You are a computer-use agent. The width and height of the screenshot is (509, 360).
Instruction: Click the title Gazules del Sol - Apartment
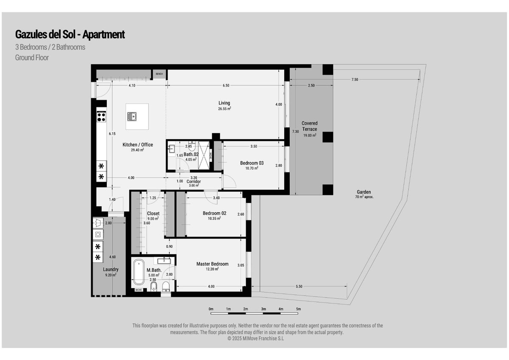tap(70, 34)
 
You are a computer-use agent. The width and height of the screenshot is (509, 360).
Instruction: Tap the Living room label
tap(224, 103)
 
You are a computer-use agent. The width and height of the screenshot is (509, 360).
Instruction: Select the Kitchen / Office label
tap(138, 145)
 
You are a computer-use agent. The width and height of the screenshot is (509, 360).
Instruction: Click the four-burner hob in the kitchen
tap(101, 117)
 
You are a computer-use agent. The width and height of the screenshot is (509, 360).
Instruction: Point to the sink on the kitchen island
tap(132, 116)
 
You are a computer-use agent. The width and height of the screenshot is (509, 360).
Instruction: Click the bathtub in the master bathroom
tap(139, 272)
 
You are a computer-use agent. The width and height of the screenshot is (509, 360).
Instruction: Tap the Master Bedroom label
tap(213, 264)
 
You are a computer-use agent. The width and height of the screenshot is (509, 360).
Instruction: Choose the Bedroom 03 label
tap(252, 163)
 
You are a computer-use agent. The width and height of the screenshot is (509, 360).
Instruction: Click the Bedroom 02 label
tap(215, 213)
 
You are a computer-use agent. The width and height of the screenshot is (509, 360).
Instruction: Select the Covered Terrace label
tap(310, 126)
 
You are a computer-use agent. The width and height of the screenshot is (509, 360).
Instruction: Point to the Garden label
tap(364, 192)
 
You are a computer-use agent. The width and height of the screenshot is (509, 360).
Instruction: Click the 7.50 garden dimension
tap(355, 79)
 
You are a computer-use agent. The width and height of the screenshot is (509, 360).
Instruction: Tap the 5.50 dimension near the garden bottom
tap(299, 286)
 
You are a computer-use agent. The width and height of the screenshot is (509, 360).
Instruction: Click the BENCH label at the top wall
tap(159, 74)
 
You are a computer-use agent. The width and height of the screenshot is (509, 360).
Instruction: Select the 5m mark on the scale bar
tap(298, 309)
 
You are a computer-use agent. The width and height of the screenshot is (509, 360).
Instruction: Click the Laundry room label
tap(111, 269)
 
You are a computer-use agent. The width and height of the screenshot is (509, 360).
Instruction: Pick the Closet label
tap(153, 213)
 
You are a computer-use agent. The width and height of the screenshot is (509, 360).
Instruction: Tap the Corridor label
tap(193, 181)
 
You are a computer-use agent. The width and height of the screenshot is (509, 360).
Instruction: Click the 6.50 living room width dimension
tap(226, 85)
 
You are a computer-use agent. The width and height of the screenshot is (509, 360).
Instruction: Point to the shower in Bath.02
tap(204, 155)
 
